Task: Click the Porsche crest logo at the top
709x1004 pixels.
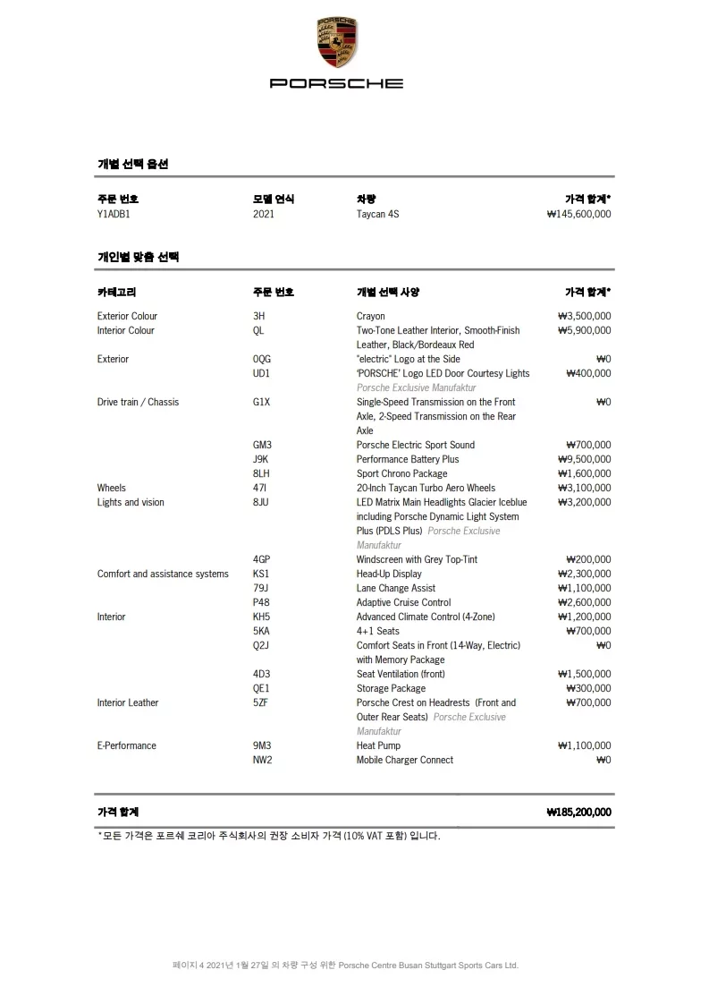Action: click(336, 44)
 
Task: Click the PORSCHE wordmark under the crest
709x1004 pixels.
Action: click(336, 83)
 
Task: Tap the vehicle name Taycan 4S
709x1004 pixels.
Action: click(377, 215)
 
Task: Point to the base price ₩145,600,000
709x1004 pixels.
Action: click(578, 215)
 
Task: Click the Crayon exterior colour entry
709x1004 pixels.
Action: click(370, 316)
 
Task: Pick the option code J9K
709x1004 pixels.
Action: click(261, 459)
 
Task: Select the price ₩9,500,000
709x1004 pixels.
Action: click(584, 459)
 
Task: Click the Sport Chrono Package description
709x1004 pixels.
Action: click(401, 473)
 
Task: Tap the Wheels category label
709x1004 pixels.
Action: click(112, 488)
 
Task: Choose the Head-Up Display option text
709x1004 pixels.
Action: click(389, 574)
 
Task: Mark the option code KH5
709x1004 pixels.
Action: click(262, 617)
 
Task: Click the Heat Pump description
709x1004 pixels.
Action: click(378, 745)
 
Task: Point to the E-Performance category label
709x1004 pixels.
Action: click(126, 745)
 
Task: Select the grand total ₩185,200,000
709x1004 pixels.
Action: click(578, 813)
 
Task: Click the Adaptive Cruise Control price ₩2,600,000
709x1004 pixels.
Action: click(584, 602)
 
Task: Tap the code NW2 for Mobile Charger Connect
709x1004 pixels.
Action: click(262, 760)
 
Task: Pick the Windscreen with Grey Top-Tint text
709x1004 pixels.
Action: click(417, 559)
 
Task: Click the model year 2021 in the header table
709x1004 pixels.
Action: click(264, 215)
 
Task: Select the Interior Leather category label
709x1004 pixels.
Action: click(128, 702)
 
